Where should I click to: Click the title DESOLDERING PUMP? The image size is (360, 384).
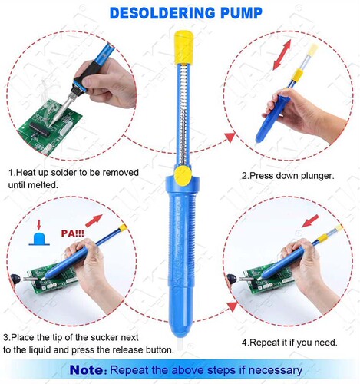[x=180, y=13]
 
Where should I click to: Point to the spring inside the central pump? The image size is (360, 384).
[x=181, y=115]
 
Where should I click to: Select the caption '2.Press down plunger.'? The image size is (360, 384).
[x=287, y=176]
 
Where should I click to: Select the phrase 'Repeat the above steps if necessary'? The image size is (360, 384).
[x=207, y=369]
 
